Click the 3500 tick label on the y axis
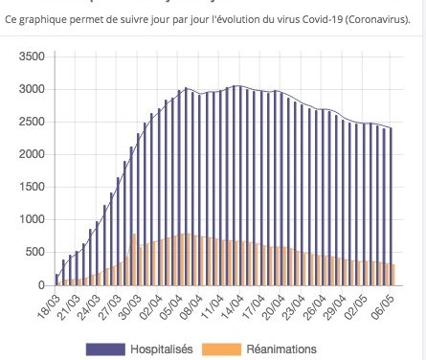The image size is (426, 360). [x=33, y=56]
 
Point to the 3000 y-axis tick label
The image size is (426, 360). [x=33, y=89]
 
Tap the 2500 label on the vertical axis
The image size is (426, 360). [x=33, y=122]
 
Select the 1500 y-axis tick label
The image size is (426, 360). [x=33, y=187]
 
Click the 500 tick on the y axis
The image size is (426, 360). [x=36, y=252]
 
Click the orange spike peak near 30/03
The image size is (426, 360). [x=134, y=235]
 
